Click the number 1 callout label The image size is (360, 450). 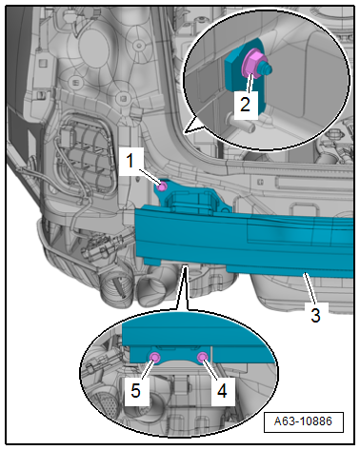tap(130, 161)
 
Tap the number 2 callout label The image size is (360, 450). tap(245, 105)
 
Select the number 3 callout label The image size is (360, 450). tap(315, 315)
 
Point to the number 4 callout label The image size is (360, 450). tap(223, 391)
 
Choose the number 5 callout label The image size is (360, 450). tap(136, 391)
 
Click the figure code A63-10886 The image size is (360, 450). tap(303, 421)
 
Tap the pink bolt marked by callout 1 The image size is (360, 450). tap(162, 186)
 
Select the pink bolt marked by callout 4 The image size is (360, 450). tap(202, 358)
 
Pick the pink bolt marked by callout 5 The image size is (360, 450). tap(155, 358)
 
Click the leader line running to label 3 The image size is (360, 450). tap(310, 288)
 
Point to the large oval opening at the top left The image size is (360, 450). tap(94, 48)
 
